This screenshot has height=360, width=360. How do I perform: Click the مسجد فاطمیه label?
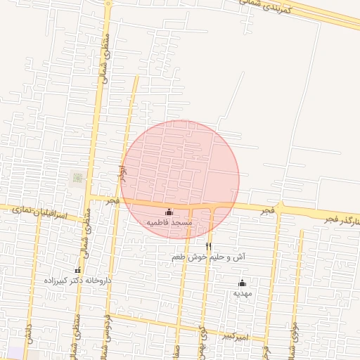[169, 222]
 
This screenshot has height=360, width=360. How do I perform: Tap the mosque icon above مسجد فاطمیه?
[169, 212]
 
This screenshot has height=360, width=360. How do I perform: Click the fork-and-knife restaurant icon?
[208, 246]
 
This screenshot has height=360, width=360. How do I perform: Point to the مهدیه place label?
[241, 293]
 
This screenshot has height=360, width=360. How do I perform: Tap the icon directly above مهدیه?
[242, 283]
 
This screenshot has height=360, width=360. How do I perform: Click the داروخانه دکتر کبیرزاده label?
[77, 281]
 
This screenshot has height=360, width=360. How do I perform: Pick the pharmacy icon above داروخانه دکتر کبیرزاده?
[77, 271]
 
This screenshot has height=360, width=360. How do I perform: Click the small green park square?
[77, 178]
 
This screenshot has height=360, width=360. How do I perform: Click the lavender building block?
[14, 353]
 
